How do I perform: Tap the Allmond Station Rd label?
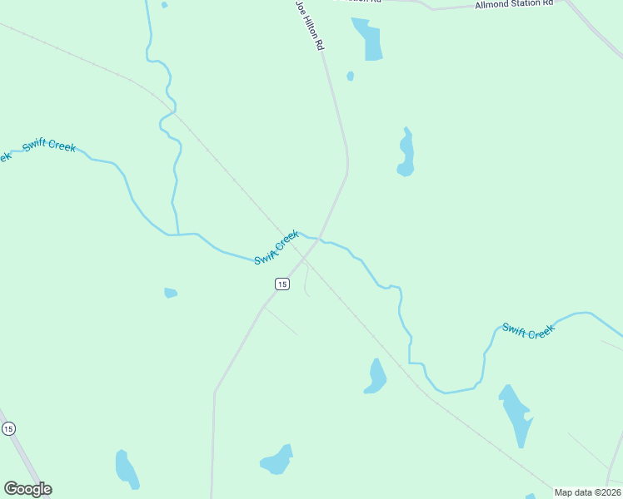513,4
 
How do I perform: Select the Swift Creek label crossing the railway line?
277,248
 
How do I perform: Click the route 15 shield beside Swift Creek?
282,284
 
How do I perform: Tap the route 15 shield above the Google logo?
8,428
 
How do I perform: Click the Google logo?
27,489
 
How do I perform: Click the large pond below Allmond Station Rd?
370,40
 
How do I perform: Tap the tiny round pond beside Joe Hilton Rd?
351,77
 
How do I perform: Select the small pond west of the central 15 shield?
170,293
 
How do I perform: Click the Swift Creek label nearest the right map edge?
528,330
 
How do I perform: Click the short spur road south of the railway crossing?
306,281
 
